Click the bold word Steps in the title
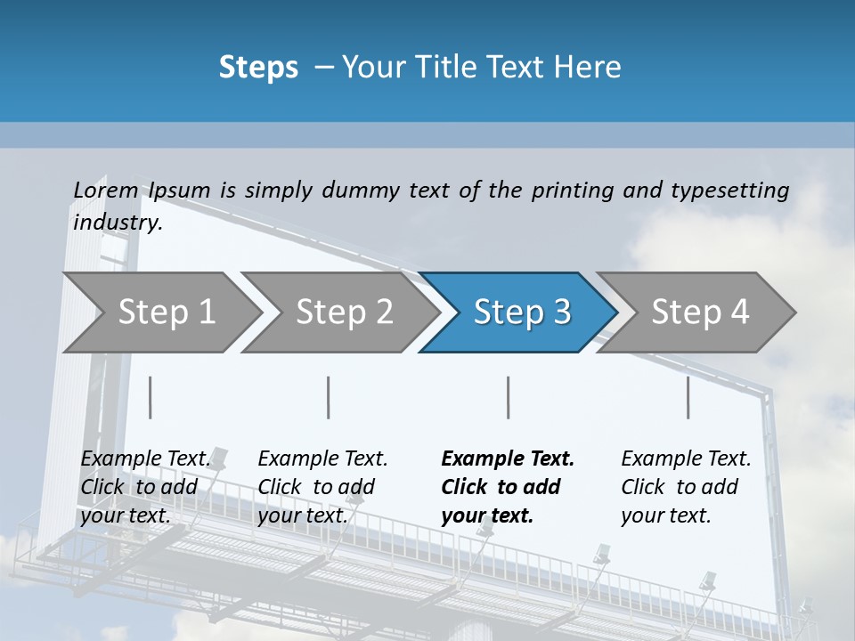258,68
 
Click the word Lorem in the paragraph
106,190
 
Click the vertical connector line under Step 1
151,397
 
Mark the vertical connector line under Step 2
329,397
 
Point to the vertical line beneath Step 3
509,397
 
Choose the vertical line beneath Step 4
688,397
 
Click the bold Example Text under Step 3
508,458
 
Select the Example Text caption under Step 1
146,458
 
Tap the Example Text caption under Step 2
322,458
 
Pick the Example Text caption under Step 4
686,458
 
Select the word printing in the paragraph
573,190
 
